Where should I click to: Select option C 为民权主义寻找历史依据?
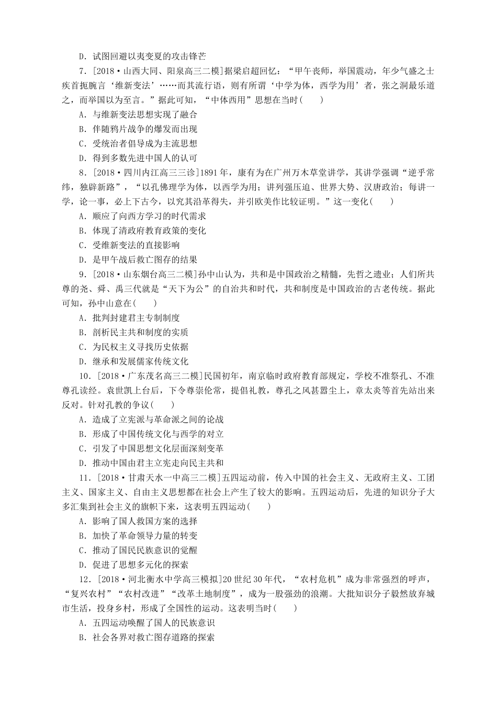[x=133, y=347]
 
